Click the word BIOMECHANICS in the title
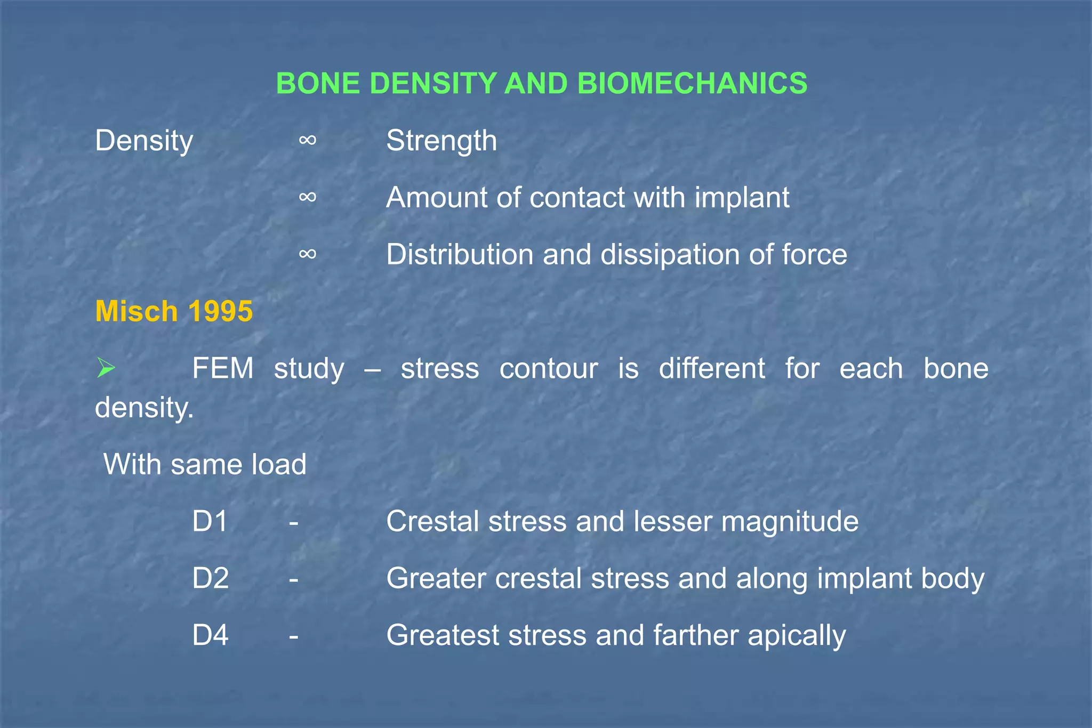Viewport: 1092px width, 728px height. pos(692,84)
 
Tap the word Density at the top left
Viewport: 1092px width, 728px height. pos(144,141)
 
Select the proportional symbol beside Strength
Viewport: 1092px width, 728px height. pos(308,140)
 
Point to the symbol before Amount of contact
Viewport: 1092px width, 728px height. pos(308,197)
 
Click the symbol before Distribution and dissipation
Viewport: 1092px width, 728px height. pos(308,254)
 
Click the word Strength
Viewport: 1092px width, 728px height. pos(441,141)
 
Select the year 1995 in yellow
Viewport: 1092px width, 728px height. pos(220,311)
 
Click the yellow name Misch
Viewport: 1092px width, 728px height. pos(136,311)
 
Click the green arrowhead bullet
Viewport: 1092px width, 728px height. pos(106,368)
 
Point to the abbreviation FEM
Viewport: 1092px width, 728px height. pos(223,368)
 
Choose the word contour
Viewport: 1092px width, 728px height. pos(549,368)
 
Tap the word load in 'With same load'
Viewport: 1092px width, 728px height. pos(279,464)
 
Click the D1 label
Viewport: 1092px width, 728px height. pos(210,521)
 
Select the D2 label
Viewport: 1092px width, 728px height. pos(211,578)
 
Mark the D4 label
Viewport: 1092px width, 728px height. pos(211,635)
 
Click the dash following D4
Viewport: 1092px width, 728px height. pos(293,636)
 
